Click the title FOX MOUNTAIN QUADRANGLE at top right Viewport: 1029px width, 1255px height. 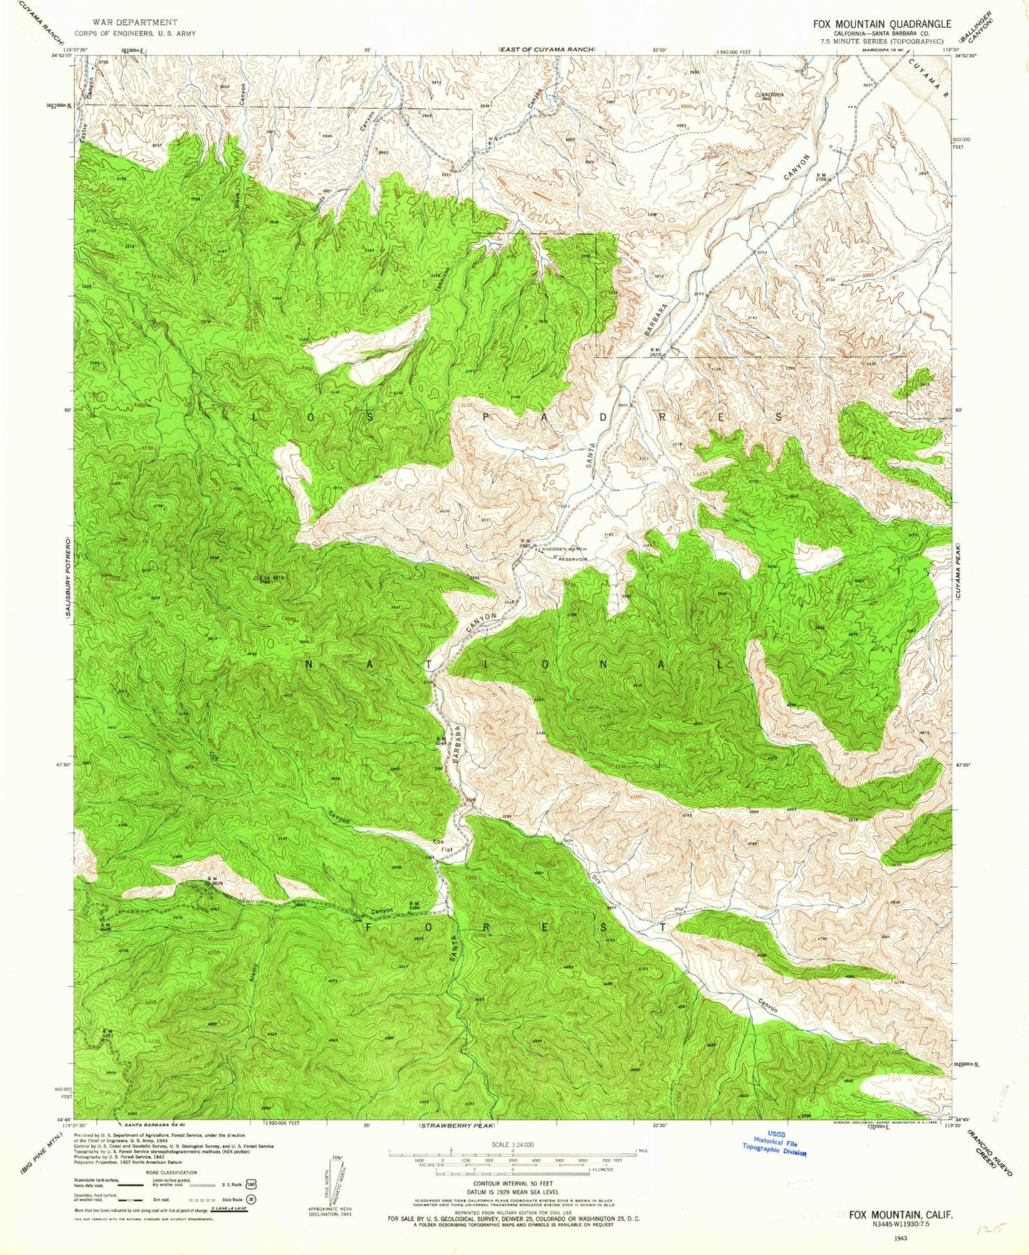coord(882,23)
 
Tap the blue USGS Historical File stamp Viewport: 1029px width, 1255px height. coord(774,1146)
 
